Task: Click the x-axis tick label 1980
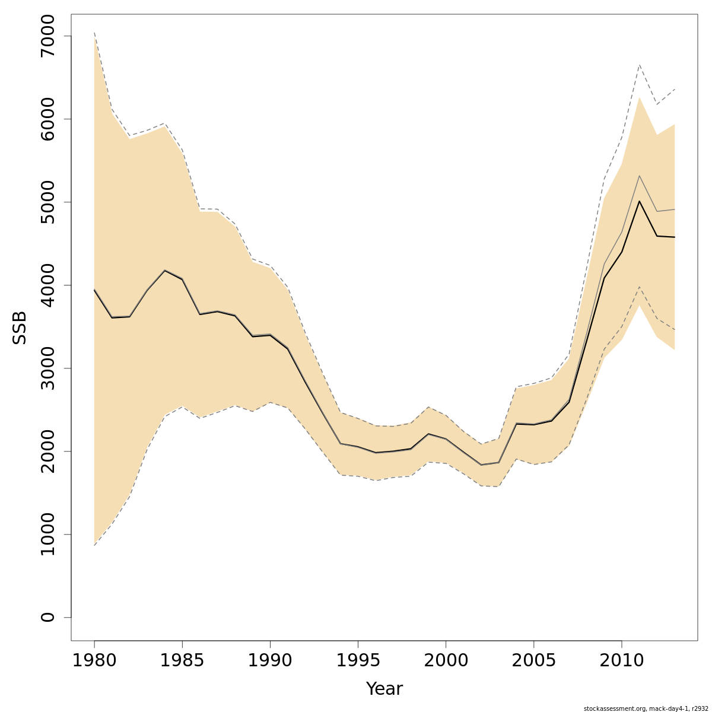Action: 94,660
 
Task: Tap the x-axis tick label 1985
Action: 182,660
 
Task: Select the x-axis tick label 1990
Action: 270,660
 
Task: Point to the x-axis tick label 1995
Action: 358,660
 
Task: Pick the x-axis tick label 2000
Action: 446,660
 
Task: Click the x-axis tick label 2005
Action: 533,660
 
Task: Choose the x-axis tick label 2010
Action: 621,660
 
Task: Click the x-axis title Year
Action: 384,689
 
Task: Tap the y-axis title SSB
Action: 20,328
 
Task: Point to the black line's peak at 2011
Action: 639,201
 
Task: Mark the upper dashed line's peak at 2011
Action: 639,64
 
